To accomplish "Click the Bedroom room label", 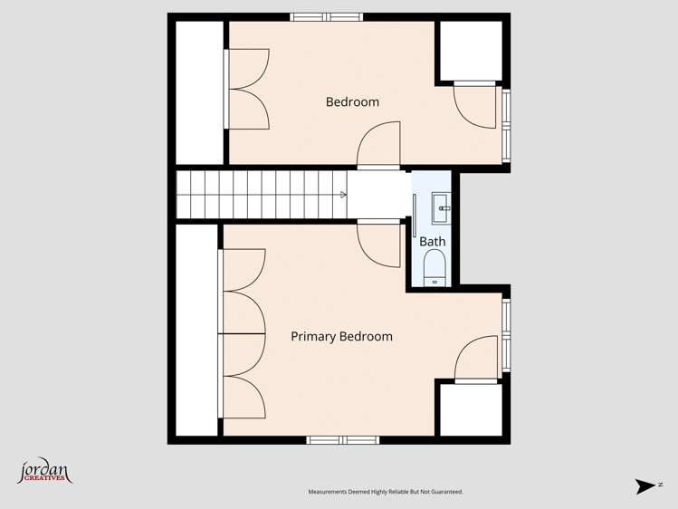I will click(x=352, y=102).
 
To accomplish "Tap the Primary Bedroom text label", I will click(x=341, y=337).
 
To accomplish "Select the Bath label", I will click(x=432, y=242).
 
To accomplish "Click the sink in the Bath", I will click(x=442, y=208).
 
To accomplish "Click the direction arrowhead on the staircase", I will click(x=343, y=194).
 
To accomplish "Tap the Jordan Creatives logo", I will click(x=44, y=472).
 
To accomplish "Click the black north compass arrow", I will click(x=646, y=486).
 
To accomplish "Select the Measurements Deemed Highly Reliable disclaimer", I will click(x=386, y=492).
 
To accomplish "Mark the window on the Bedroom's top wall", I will click(x=326, y=16).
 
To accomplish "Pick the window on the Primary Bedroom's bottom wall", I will click(x=342, y=440).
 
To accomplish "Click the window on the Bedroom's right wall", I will click(x=506, y=124).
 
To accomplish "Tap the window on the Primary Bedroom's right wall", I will click(x=506, y=335).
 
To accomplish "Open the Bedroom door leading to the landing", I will click(x=378, y=148).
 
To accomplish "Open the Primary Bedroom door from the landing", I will click(x=378, y=243).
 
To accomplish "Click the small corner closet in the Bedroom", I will click(x=471, y=50).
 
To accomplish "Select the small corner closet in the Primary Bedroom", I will click(x=470, y=410).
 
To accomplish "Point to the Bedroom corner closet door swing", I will click(x=475, y=105).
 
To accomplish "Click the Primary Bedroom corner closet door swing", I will click(x=477, y=359).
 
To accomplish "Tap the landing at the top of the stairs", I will click(x=378, y=194).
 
